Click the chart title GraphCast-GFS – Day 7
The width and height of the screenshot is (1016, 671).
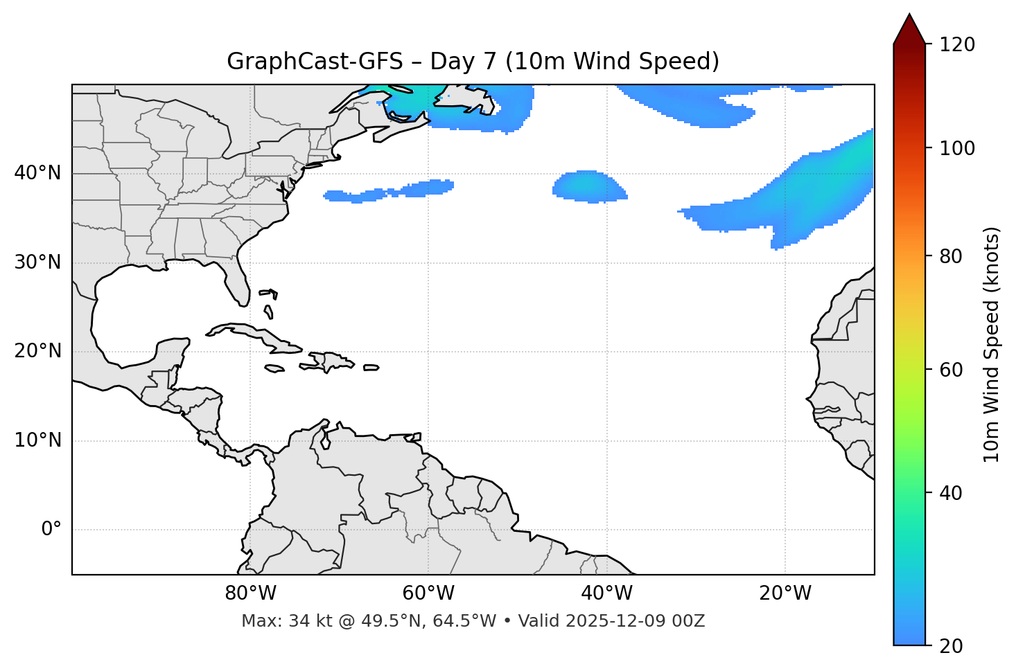coord(473,62)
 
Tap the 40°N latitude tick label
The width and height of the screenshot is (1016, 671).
coord(37,173)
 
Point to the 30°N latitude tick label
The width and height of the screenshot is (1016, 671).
coord(37,262)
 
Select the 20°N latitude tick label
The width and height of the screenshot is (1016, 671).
coord(37,351)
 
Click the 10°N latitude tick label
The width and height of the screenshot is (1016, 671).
coord(37,440)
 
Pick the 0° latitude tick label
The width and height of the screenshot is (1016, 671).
coord(51,530)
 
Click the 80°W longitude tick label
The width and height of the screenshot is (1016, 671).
coord(250,593)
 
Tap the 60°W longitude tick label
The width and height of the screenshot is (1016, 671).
coord(428,593)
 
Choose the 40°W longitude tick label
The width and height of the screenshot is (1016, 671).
coord(606,593)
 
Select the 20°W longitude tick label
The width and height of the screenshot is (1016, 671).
coord(785,593)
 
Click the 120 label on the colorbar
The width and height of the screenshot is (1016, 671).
coord(957,45)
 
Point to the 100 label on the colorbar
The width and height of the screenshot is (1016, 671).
coord(957,148)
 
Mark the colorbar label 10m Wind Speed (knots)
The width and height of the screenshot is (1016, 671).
coord(992,344)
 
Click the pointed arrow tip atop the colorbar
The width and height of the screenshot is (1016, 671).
coord(909,17)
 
